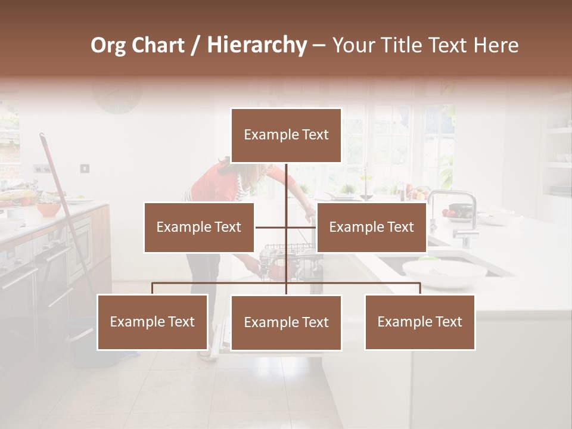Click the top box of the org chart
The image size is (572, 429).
point(286,135)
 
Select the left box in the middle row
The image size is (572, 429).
point(199,227)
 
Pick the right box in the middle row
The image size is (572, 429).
point(371,227)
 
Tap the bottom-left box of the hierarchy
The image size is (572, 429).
point(153,322)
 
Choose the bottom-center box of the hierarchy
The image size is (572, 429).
point(286,322)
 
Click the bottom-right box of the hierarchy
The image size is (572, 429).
point(419,322)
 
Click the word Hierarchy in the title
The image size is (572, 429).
point(257,45)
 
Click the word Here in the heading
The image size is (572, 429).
point(496,45)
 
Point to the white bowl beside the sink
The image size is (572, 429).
point(444,273)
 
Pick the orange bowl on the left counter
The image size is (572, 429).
point(48,209)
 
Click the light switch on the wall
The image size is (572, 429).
point(85,169)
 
